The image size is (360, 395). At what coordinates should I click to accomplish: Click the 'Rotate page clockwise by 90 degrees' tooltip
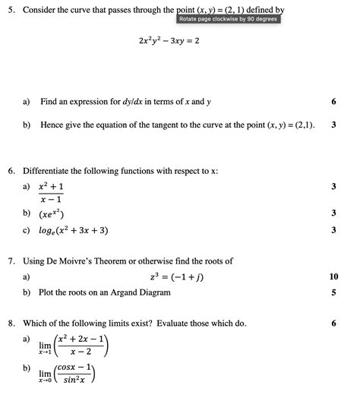pyautogui.click(x=228, y=18)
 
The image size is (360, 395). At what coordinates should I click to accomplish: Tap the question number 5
pyautogui.click(x=11, y=10)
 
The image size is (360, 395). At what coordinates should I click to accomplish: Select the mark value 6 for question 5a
pyautogui.click(x=333, y=102)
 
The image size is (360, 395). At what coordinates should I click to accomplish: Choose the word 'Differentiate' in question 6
pyautogui.click(x=52, y=171)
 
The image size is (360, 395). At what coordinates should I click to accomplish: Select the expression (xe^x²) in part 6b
pyautogui.click(x=57, y=214)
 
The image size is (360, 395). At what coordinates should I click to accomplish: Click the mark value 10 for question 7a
pyautogui.click(x=334, y=277)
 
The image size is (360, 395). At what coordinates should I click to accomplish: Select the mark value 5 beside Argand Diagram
pyautogui.click(x=334, y=292)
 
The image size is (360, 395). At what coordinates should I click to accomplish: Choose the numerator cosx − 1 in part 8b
pyautogui.click(x=77, y=368)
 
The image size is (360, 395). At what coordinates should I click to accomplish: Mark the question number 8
pyautogui.click(x=11, y=324)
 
